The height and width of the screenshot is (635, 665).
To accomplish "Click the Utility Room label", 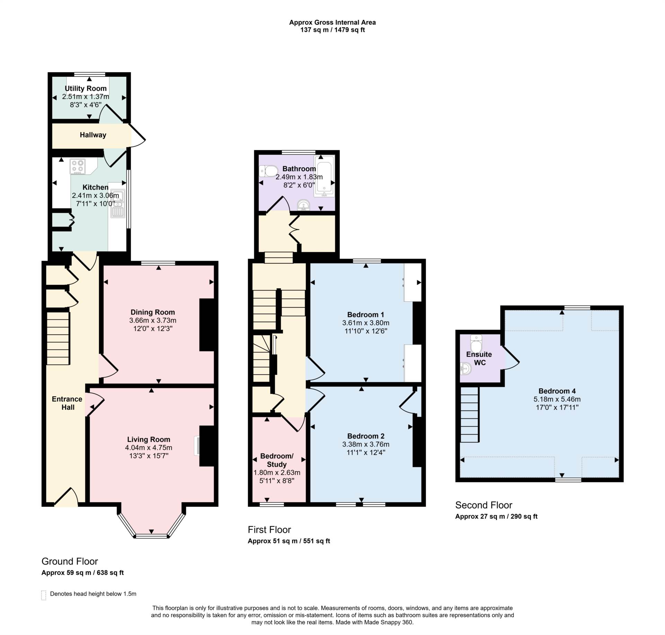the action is pos(86,88).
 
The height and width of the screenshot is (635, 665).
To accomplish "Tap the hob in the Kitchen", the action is pos(78,166).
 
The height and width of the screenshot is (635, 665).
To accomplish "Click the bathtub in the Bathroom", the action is pos(324,176).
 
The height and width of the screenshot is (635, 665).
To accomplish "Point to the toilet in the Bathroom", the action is pos(269,171).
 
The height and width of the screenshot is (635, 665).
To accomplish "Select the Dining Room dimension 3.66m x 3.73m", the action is pos(153,320).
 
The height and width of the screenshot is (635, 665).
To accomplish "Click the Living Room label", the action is pos(149,439).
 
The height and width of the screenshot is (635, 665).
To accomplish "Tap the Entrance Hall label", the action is pos(67,403).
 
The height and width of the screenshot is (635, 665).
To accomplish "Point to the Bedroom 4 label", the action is pos(557,391).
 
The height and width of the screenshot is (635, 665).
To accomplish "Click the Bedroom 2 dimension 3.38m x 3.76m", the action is pos(366,444).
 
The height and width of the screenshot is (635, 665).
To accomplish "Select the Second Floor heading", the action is pos(484,505).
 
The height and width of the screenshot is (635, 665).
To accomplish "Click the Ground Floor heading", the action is pos(70,561).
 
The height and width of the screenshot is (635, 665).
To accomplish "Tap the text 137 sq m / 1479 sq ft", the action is pos(332,30).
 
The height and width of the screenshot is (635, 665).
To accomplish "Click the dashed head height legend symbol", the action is pos(44,595).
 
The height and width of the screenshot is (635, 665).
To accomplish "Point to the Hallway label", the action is pos(93,135).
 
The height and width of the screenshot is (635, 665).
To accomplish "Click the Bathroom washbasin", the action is pos(304,205).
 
